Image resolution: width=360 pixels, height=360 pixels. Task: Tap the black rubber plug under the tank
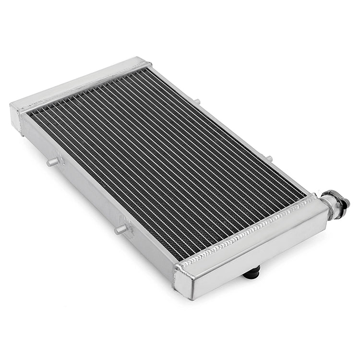coord(252,273)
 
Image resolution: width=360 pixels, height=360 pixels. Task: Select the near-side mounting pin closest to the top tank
coord(53,162)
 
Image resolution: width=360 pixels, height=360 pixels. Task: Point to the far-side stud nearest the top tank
coord(196,101)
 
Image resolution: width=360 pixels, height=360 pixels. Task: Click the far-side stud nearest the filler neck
coord(269,158)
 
